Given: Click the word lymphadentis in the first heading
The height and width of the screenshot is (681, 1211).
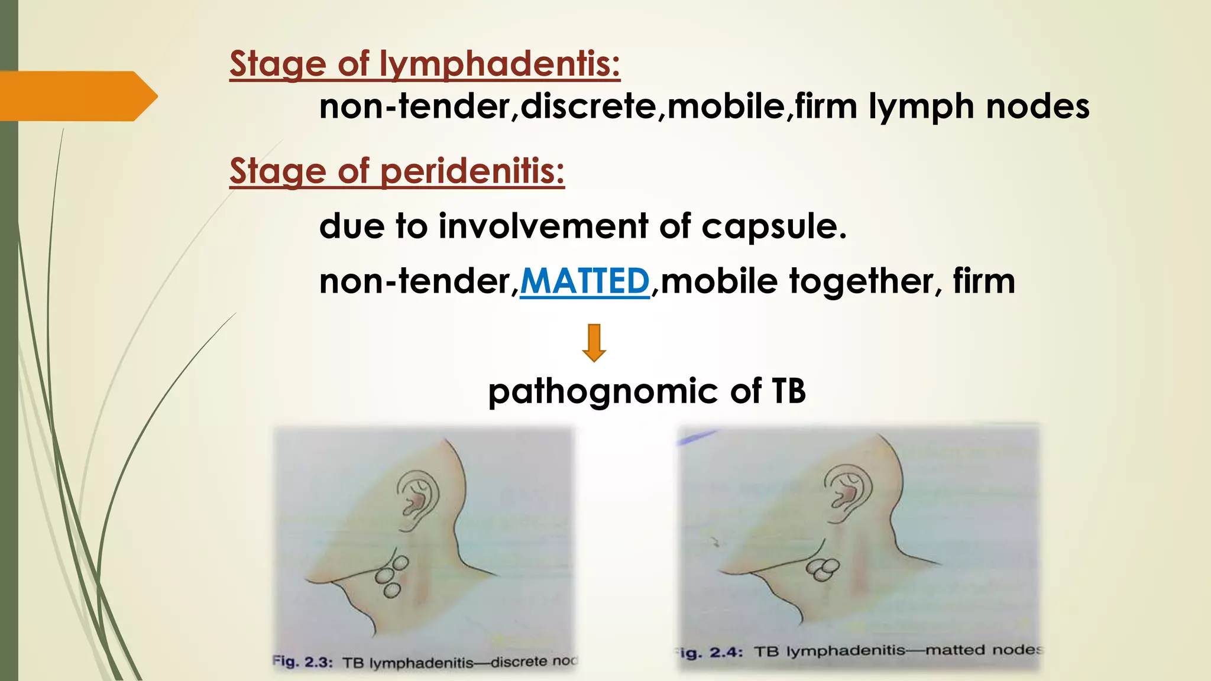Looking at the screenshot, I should pyautogui.click(x=500, y=64).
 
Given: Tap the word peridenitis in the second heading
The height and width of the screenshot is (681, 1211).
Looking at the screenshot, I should pyautogui.click(x=472, y=171).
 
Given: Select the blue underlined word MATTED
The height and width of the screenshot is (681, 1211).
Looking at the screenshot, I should pyautogui.click(x=585, y=281).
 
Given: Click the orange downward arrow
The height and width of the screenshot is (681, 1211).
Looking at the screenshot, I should pyautogui.click(x=594, y=342).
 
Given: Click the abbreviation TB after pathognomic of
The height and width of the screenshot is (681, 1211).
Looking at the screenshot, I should pyautogui.click(x=788, y=391).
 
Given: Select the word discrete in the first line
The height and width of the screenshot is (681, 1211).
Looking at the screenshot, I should pyautogui.click(x=588, y=106).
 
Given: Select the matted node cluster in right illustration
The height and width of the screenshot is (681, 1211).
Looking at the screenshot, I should pyautogui.click(x=823, y=569).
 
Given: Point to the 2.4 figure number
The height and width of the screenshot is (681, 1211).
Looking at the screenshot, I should pyautogui.click(x=726, y=652).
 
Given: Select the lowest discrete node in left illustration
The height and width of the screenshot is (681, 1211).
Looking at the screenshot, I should pyautogui.click(x=391, y=589).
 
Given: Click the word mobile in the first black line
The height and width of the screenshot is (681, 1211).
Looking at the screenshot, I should pyautogui.click(x=726, y=106).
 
